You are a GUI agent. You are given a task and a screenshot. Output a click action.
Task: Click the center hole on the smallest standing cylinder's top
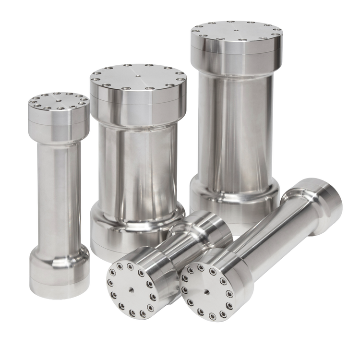pyautogui.click(x=58, y=100)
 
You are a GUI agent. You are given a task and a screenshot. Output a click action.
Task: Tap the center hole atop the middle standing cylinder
pyautogui.click(x=137, y=75)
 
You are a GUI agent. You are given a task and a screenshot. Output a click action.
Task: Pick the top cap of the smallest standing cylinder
pyautogui.click(x=58, y=115)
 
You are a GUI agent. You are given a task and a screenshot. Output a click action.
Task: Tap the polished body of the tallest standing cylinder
pyautogui.click(x=235, y=125)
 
